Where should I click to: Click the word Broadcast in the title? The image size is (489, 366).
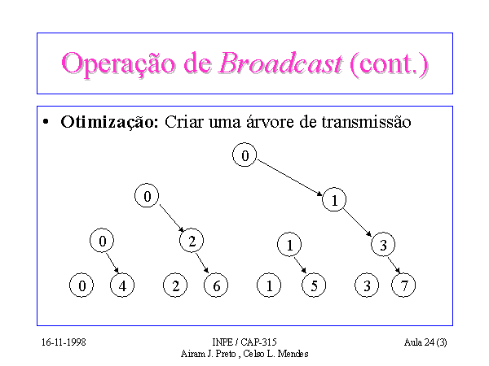[280, 63]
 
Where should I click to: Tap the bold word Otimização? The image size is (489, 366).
[109, 122]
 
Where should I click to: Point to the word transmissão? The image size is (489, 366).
[366, 122]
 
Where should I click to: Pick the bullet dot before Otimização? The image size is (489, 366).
[46, 122]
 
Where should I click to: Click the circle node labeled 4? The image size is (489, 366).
[122, 285]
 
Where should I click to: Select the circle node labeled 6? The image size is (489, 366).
[216, 285]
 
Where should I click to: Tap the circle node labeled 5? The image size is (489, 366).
[314, 285]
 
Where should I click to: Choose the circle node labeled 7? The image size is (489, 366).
[403, 285]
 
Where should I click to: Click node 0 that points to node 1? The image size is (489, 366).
[244, 155]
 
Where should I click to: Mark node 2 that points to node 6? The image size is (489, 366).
[192, 241]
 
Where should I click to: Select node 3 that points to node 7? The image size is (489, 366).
[383, 244]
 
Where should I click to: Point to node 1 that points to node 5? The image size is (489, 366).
[289, 244]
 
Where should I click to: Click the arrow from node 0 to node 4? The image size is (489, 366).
[112, 263]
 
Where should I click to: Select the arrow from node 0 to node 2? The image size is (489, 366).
[172, 218]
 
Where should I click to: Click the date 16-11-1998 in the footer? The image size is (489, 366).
[64, 342]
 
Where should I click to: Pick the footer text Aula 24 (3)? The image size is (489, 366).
[425, 342]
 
